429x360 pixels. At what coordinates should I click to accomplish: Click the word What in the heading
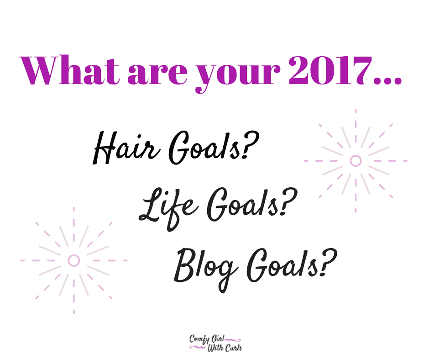click(x=70, y=70)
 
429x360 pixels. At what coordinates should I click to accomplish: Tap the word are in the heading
click(x=157, y=74)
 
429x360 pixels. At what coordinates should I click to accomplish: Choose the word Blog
click(x=205, y=270)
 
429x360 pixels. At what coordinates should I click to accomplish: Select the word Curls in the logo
click(x=233, y=348)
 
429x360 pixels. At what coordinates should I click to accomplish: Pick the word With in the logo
click(x=215, y=348)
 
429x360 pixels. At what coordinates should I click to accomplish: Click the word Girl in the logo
click(x=218, y=339)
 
